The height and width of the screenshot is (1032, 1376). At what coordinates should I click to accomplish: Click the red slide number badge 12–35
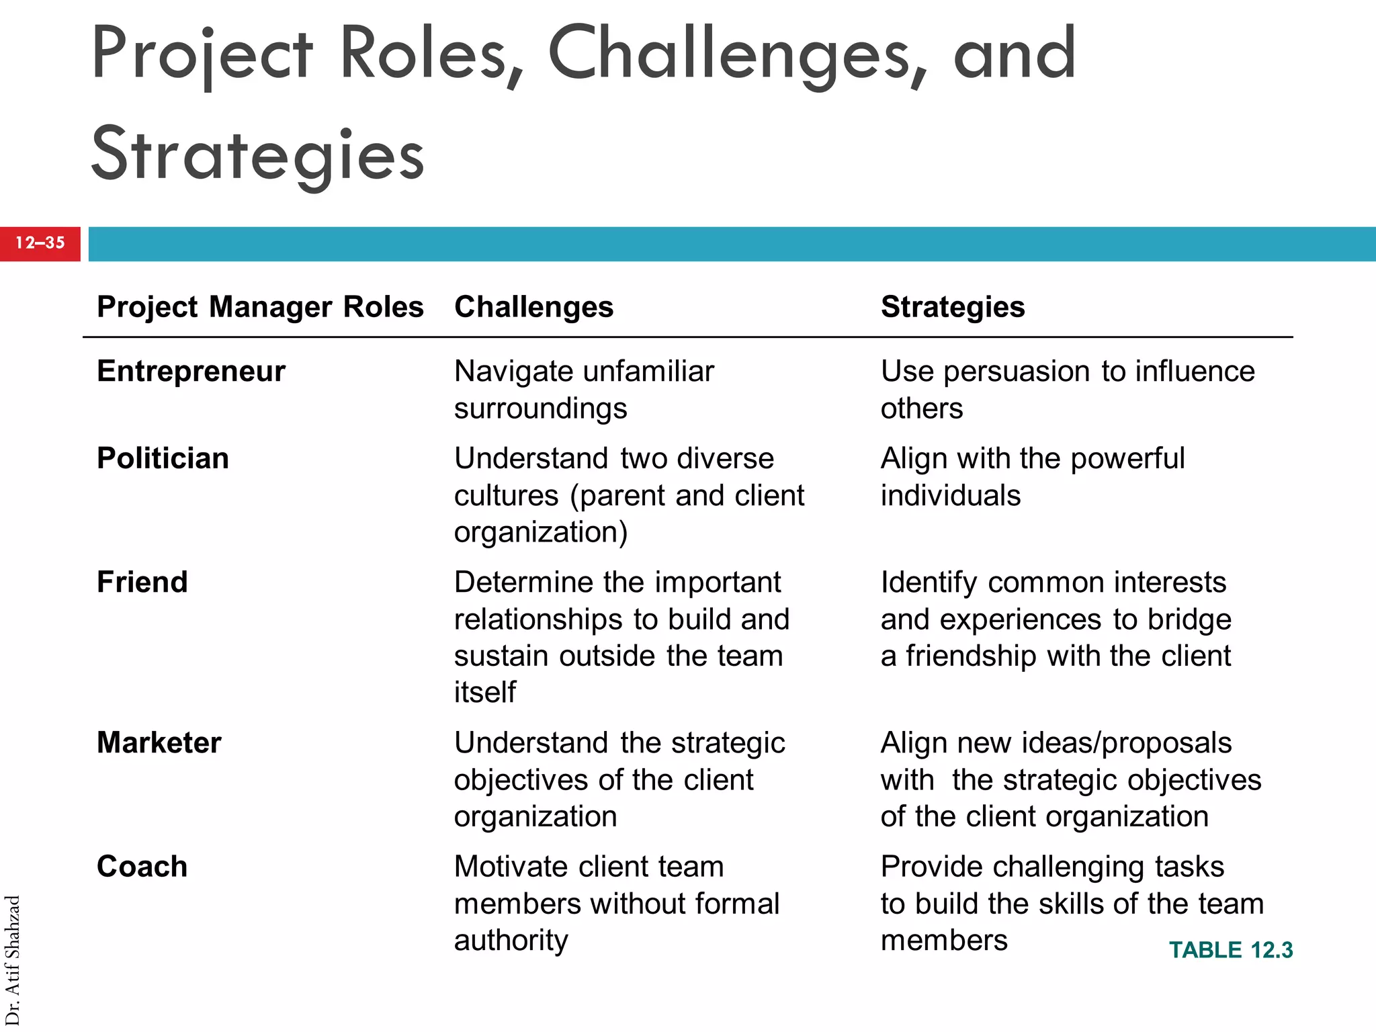(x=40, y=243)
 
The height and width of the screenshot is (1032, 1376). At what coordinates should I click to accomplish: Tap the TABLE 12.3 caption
(x=1230, y=950)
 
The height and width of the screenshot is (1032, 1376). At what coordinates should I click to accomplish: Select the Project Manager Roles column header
(x=260, y=307)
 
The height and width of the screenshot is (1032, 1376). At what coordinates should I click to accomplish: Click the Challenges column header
(x=533, y=307)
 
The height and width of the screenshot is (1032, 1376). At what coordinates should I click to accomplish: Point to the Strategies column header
(x=952, y=307)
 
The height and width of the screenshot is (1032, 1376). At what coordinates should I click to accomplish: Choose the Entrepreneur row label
(x=191, y=372)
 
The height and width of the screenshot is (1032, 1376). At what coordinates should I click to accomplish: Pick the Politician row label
(x=163, y=459)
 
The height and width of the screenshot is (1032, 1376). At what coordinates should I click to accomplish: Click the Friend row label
(x=142, y=583)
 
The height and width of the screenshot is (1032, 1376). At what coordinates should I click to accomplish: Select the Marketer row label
(x=159, y=743)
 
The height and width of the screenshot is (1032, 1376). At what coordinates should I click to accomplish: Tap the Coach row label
(x=142, y=867)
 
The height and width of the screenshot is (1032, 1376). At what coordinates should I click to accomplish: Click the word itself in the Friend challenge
(x=484, y=693)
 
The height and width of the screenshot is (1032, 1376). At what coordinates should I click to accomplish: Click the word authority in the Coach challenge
(x=511, y=941)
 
